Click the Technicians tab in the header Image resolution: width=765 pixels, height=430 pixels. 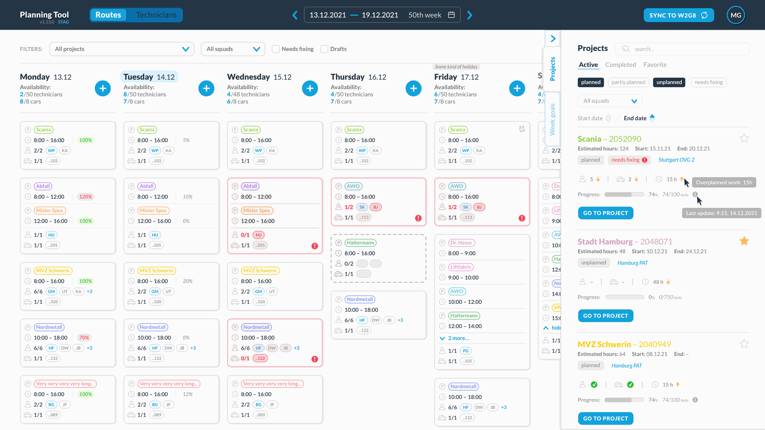(156, 15)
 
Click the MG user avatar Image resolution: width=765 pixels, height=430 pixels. (736, 15)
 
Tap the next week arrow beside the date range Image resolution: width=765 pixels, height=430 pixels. (470, 15)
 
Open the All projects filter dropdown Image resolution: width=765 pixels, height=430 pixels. (122, 49)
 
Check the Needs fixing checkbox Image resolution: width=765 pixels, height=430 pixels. (276, 49)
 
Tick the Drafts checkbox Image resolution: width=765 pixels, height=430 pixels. (324, 49)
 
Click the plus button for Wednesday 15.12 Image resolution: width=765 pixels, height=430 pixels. (310, 88)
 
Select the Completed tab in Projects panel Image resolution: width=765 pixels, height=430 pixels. (620, 64)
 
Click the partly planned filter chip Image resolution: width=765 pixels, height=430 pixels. (628, 82)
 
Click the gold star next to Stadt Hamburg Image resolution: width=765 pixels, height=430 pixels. (744, 241)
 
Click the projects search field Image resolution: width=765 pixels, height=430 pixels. (682, 49)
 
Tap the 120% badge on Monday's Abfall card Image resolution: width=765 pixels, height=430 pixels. (85, 197)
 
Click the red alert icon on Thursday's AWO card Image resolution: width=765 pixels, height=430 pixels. (418, 218)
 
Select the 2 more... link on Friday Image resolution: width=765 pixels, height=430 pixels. (458, 338)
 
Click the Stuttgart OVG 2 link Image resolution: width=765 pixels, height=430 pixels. (676, 160)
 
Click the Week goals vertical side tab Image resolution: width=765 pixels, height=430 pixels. (552, 119)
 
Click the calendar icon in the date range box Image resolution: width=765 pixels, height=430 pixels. (451, 15)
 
